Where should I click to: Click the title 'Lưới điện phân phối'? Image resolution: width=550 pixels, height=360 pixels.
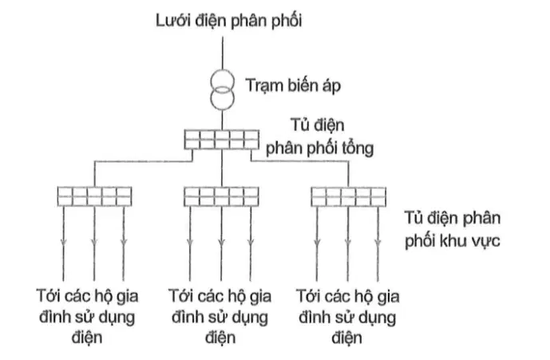tap(228, 21)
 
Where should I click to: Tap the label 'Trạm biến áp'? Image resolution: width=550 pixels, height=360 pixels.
tap(293, 85)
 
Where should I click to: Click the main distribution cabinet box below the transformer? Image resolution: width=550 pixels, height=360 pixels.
tap(222, 140)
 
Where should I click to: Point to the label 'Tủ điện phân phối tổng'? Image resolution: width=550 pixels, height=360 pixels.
tap(319, 136)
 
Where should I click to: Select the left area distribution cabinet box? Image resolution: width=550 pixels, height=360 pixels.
tap(95, 196)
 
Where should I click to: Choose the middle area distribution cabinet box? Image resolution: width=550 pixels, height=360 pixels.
tap(222, 196)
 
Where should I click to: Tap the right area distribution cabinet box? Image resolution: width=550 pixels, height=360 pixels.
tap(349, 197)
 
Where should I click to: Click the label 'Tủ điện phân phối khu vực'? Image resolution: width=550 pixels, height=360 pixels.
tap(453, 229)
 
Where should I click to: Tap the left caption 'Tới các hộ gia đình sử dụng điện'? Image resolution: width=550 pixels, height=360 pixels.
tap(87, 316)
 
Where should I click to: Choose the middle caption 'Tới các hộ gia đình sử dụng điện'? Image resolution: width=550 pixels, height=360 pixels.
tap(220, 316)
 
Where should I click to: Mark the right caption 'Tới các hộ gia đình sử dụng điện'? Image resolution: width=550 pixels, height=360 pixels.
tap(347, 316)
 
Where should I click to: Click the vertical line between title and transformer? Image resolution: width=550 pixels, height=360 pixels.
tap(223, 53)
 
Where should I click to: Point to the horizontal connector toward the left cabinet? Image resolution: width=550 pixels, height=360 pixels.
tap(144, 161)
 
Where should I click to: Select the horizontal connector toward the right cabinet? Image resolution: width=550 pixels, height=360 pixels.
tap(300, 161)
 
